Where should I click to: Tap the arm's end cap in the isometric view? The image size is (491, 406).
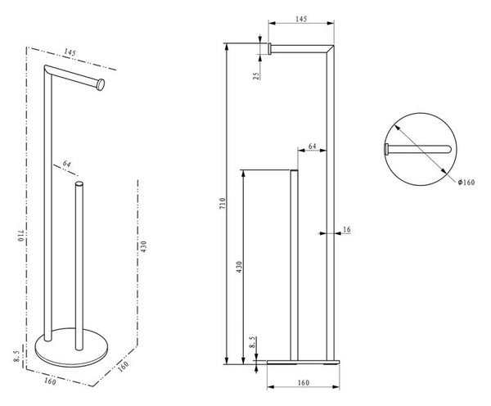pyautogui.click(x=100, y=83)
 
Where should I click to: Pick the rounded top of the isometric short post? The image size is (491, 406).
pyautogui.click(x=79, y=187)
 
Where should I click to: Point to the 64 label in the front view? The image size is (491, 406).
pyautogui.click(x=312, y=147)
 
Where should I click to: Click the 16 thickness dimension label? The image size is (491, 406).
pyautogui.click(x=347, y=230)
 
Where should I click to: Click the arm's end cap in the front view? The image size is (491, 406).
pyautogui.click(x=268, y=49)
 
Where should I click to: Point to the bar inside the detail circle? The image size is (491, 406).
pyautogui.click(x=417, y=149)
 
